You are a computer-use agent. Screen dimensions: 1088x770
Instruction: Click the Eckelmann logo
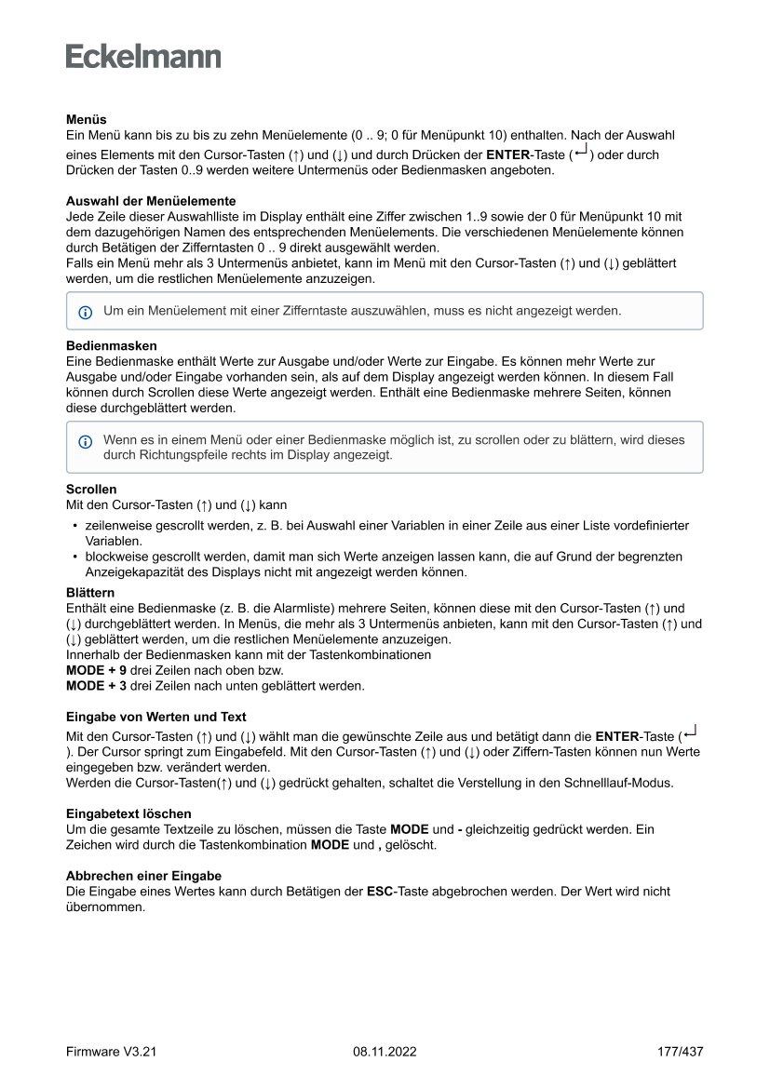[x=143, y=56]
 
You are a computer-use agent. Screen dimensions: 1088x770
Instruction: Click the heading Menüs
[x=86, y=120]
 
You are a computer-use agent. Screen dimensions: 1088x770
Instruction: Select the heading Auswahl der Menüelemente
[x=150, y=201]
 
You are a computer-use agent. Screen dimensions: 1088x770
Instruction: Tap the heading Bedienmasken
[x=111, y=345]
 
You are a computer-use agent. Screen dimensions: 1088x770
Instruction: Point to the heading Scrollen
[x=91, y=490]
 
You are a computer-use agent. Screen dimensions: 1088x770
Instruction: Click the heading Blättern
[x=90, y=593]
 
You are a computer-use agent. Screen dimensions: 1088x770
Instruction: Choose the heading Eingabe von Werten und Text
[x=155, y=717]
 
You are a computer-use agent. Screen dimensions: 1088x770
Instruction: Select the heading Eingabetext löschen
[x=128, y=813]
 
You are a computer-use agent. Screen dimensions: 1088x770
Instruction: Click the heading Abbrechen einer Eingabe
[x=143, y=876]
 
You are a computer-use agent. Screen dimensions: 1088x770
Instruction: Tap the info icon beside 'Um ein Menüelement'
[x=86, y=312]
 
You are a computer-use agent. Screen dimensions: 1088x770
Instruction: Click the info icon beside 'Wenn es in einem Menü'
[x=86, y=441]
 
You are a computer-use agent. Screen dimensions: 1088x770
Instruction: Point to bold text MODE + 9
[x=96, y=670]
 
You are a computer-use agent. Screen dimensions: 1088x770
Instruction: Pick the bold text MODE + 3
[x=96, y=686]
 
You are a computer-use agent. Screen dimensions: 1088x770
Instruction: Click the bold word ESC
[x=380, y=892]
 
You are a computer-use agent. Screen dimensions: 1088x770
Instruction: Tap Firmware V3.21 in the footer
[x=111, y=1052]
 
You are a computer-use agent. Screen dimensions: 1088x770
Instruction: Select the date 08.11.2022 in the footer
[x=385, y=1052]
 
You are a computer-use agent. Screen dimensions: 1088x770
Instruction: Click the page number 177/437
[x=680, y=1052]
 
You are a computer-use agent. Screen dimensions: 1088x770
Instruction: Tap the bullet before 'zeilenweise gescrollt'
[x=74, y=526]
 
